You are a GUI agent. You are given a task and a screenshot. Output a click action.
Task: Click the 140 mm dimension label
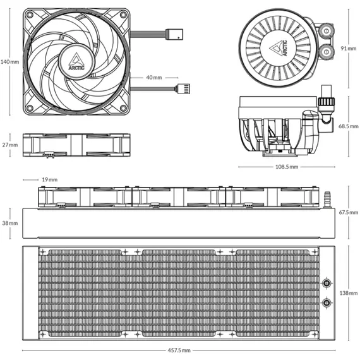pyautogui.click(x=9, y=62)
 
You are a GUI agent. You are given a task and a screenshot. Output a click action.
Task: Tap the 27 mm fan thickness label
pyautogui.click(x=10, y=145)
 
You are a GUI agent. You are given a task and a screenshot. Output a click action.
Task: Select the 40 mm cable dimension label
pyautogui.click(x=154, y=78)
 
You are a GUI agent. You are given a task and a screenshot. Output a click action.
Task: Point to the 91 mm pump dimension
pyautogui.click(x=349, y=49)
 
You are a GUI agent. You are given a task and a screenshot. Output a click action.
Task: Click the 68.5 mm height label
pyautogui.click(x=348, y=126)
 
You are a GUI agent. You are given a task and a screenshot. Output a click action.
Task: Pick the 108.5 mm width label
pyautogui.click(x=287, y=167)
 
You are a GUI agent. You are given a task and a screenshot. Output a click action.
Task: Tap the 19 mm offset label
pyautogui.click(x=50, y=179)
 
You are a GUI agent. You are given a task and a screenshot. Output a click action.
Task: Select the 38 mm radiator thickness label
pyautogui.click(x=10, y=223)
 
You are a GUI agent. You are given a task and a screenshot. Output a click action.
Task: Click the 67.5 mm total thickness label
pyautogui.click(x=349, y=213)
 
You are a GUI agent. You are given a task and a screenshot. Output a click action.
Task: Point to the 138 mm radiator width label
pyautogui.click(x=349, y=293)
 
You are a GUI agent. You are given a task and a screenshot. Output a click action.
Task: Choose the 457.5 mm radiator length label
pyautogui.click(x=179, y=351)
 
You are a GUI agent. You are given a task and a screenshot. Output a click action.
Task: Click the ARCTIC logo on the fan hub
pyautogui.click(x=76, y=61)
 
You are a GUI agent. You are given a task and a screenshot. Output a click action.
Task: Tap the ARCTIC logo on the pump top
pyautogui.click(x=279, y=48)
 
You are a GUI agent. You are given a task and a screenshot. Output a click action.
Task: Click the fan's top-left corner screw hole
pyautogui.click(x=30, y=15)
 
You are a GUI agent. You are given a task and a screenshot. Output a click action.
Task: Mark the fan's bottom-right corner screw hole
pyautogui.click(x=123, y=108)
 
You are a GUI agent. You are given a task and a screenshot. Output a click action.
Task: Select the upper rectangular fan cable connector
pyautogui.click(x=174, y=34)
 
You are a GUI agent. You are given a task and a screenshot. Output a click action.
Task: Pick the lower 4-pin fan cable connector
pyautogui.click(x=183, y=89)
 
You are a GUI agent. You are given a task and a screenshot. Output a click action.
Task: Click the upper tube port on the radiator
pyautogui.click(x=327, y=283)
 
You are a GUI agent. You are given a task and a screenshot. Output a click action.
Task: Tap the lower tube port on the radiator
pyautogui.click(x=327, y=303)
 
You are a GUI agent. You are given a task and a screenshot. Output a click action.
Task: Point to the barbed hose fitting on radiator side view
pyautogui.click(x=327, y=200)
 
